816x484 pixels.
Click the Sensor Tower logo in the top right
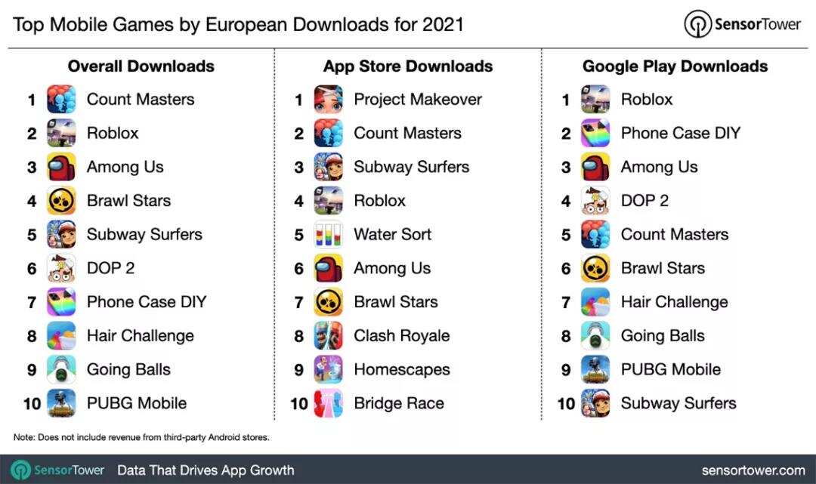click(x=742, y=24)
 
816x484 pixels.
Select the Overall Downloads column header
click(x=141, y=66)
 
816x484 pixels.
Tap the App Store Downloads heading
click(x=408, y=66)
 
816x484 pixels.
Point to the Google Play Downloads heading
click(x=675, y=66)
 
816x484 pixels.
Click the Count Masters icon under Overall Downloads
click(x=61, y=100)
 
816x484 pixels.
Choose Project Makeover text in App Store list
click(x=417, y=100)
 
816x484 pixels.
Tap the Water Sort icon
click(x=329, y=235)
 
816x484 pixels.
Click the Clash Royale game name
click(x=401, y=336)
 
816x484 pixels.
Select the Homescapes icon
click(x=329, y=370)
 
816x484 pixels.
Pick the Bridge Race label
click(x=398, y=403)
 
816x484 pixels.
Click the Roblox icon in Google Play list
click(x=595, y=100)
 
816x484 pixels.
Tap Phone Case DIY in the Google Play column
click(x=680, y=134)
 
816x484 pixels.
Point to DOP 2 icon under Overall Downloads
click(x=61, y=268)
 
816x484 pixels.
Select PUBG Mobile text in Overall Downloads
click(x=136, y=403)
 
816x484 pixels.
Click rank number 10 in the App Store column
click(x=299, y=404)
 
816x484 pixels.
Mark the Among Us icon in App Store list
click(x=329, y=268)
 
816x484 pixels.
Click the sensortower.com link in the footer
click(x=753, y=470)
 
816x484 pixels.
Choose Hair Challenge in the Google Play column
click(x=674, y=302)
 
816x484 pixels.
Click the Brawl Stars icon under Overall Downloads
click(x=61, y=201)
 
